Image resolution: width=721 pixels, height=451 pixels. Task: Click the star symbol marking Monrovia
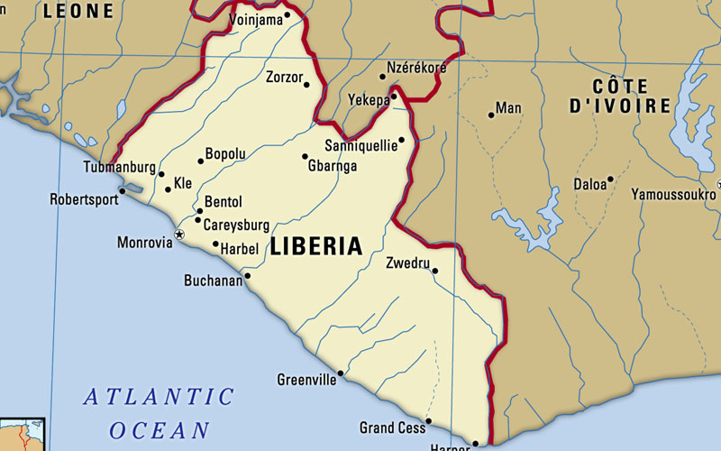point(178,235)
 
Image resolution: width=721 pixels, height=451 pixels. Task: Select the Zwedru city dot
point(434,271)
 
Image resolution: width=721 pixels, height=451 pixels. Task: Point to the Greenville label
point(306,380)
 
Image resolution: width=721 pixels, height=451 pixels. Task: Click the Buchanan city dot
point(247,276)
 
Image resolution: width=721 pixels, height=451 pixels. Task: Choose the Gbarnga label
point(333,166)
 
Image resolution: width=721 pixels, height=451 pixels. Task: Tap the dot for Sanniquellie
point(401,141)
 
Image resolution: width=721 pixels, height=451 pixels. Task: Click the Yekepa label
point(370,99)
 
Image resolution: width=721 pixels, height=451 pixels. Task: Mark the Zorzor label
point(284,78)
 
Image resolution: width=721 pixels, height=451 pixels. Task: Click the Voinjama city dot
point(287,14)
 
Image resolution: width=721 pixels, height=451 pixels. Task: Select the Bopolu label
point(225,154)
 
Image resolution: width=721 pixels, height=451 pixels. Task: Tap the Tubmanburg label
point(120,168)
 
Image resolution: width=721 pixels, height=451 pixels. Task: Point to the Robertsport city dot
point(123,191)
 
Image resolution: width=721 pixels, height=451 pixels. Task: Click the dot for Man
point(491,115)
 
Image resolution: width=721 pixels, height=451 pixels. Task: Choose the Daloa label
point(590,185)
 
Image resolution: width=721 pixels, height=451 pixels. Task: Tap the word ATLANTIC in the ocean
point(159,397)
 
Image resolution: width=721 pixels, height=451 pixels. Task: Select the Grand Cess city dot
point(428,420)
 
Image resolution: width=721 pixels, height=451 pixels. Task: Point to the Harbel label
point(240,248)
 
